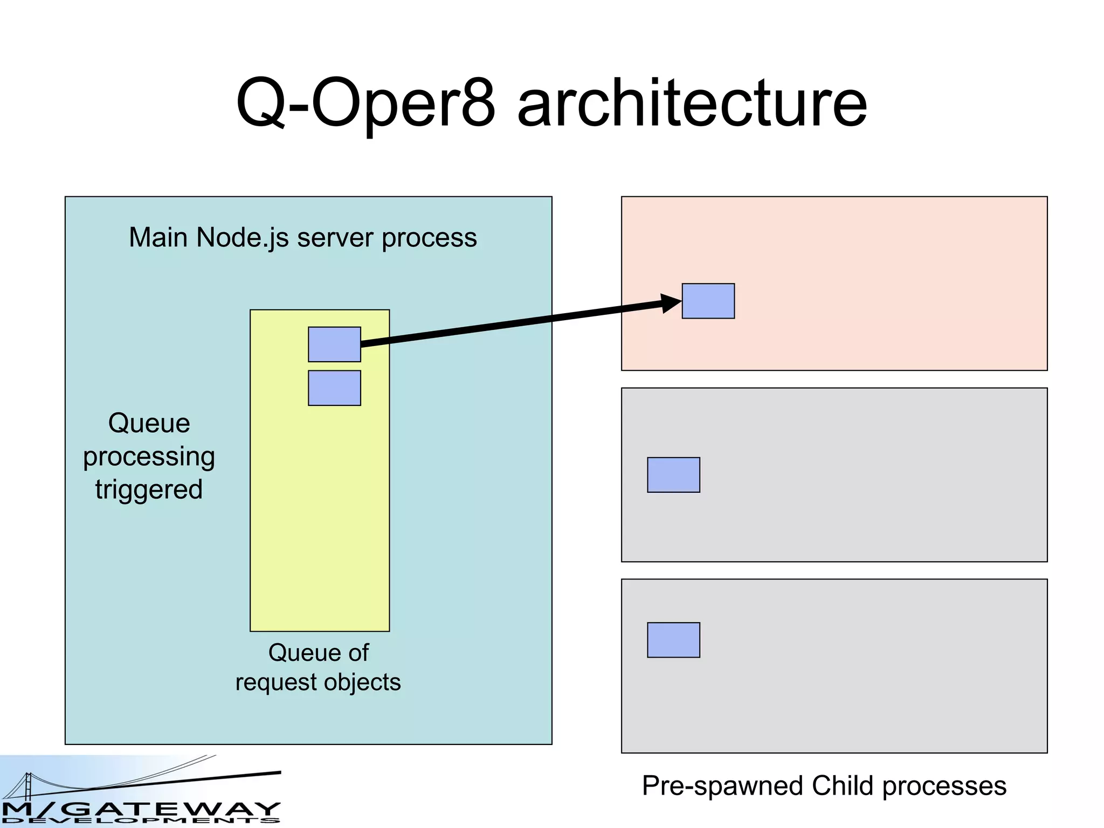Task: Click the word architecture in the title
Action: [692, 103]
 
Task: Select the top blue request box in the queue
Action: [334, 344]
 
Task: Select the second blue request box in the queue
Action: [334, 388]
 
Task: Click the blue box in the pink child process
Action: [708, 301]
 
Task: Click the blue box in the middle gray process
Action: [673, 475]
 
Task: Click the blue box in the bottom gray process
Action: [673, 640]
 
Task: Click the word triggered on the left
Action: [149, 490]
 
